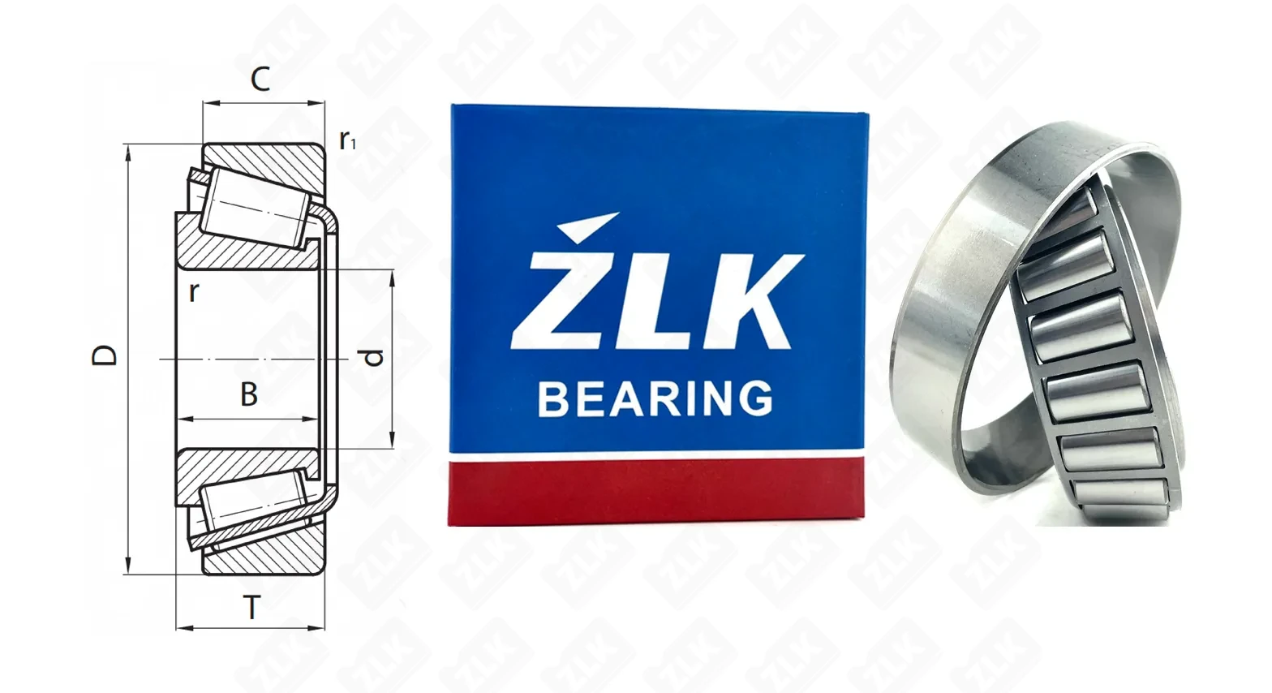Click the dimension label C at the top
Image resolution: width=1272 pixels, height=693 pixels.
[x=260, y=79]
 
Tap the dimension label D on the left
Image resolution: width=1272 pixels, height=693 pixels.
[x=105, y=355]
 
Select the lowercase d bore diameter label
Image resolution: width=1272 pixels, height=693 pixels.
[x=373, y=357]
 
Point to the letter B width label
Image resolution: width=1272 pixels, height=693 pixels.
[x=249, y=394]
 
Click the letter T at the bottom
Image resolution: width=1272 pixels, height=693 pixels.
[x=251, y=607]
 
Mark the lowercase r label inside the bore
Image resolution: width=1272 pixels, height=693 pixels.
[x=194, y=292]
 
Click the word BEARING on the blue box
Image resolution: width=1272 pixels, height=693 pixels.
[x=655, y=398]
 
